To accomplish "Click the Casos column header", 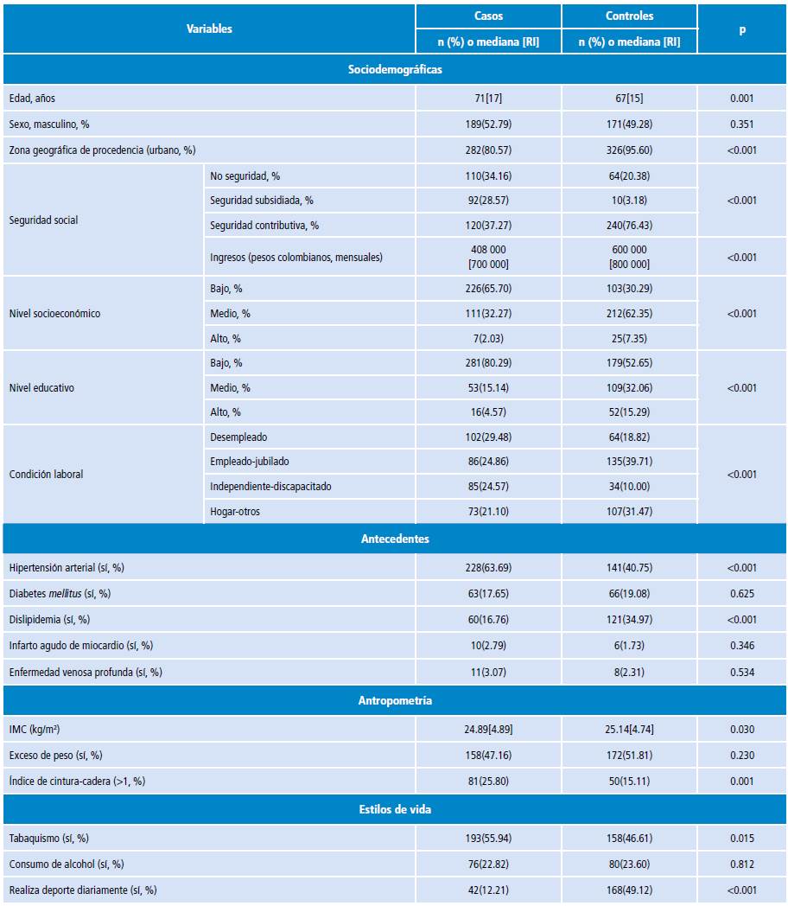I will point(488,16).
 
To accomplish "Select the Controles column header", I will point(629,16).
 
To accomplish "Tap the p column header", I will point(742,29).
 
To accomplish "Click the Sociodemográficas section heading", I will point(394,69).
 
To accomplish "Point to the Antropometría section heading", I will point(394,700).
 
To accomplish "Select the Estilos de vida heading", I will point(394,809).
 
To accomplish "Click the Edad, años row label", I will point(32,99).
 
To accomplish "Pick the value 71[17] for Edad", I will point(488,99).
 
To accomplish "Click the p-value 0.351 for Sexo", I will point(742,124).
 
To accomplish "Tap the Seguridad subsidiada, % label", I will point(261,201).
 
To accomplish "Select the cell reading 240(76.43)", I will point(629,226).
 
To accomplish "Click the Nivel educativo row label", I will point(41,388).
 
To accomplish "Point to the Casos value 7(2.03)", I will point(488,339).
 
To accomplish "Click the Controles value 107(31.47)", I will point(629,512).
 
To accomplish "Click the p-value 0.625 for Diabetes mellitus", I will point(742,594).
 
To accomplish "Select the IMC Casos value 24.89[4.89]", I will point(488,730).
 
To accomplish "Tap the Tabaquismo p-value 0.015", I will point(742,839).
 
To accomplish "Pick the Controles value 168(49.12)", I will point(629,890).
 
